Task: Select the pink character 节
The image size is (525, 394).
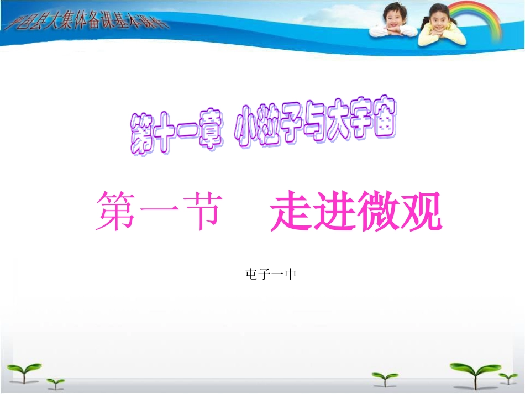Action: click(x=198, y=212)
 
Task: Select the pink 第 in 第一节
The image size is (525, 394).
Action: click(x=116, y=212)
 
